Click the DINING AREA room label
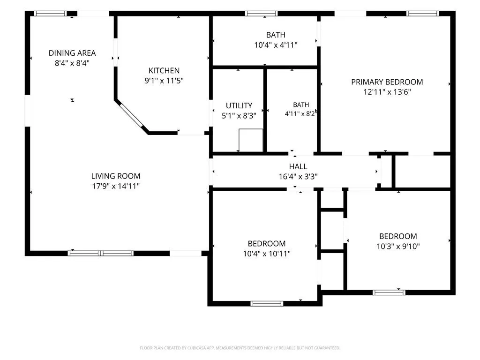click(72, 53)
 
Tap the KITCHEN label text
click(164, 70)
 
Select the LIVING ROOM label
click(116, 176)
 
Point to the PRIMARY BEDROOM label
click(387, 82)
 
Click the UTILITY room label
click(239, 105)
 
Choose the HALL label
click(298, 166)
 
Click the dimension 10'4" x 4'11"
click(276, 45)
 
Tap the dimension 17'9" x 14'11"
click(116, 186)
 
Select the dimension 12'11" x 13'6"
click(387, 92)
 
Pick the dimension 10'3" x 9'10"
click(398, 247)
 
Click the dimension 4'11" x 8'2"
click(300, 114)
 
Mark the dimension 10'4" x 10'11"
click(267, 254)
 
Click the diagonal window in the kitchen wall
click(131, 115)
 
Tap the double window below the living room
click(101, 253)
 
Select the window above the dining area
click(50, 14)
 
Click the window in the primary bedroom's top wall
click(423, 14)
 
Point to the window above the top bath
click(262, 14)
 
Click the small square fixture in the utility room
click(251, 140)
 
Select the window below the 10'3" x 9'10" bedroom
click(389, 292)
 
